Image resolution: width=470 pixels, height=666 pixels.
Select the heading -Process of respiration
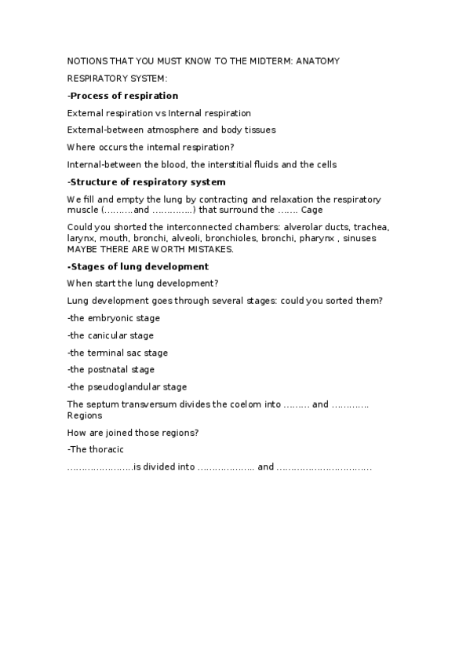click(123, 96)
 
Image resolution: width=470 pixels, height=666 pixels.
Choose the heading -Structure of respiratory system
click(147, 182)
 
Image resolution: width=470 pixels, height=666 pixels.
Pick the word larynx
click(82, 238)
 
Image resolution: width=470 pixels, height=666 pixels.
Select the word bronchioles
click(236, 238)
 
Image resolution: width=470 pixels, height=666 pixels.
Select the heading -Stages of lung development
click(138, 267)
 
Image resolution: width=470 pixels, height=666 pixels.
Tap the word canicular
click(110, 335)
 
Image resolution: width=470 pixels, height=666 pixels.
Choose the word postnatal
click(109, 369)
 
